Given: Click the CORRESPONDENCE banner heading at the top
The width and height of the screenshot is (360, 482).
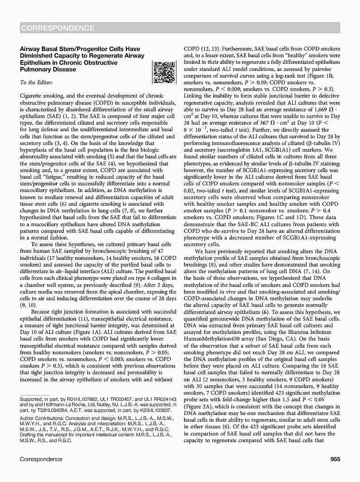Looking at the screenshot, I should click(x=57, y=28).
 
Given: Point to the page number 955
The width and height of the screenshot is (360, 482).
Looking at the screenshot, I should click(x=335, y=459).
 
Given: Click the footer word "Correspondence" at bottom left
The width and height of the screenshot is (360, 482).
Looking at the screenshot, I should click(x=41, y=459).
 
